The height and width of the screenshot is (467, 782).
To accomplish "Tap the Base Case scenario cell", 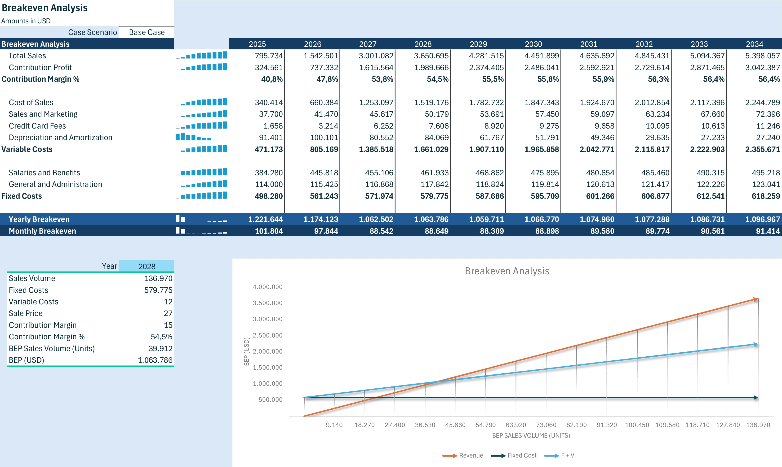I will [x=147, y=32].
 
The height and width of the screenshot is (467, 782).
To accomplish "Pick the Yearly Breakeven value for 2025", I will [x=265, y=219].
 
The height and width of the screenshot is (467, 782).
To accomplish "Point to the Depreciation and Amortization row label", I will [x=61, y=138].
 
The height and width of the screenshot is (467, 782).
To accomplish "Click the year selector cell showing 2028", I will [x=147, y=266].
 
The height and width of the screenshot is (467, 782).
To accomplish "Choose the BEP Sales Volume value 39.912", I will [x=160, y=348].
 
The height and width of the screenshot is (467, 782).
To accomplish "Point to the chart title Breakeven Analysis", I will [x=507, y=271].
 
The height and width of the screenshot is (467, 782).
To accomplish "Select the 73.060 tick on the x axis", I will [x=546, y=425].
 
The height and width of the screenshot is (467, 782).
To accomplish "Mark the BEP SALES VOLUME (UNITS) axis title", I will [x=531, y=436].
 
